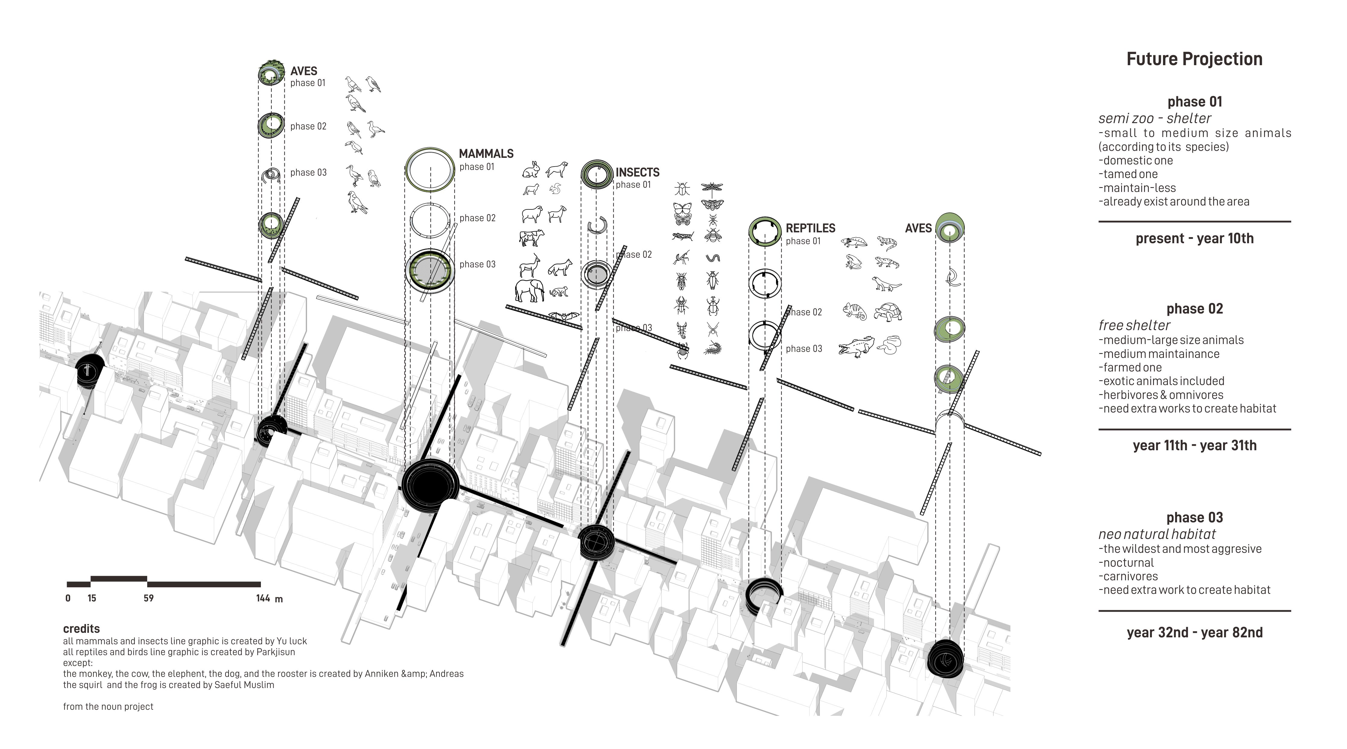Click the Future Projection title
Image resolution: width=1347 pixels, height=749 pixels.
coord(1194,59)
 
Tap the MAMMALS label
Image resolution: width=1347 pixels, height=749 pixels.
coord(486,154)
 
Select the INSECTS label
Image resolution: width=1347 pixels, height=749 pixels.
coord(637,173)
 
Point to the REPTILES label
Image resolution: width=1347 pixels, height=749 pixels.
coord(810,228)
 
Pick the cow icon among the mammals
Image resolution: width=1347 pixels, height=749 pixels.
coord(532,238)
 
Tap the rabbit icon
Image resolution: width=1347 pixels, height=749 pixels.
coord(531,170)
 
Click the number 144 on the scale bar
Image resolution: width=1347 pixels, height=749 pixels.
coord(263,598)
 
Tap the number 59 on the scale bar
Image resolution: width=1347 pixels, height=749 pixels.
coord(148,598)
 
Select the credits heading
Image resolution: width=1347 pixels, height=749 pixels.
coord(81,629)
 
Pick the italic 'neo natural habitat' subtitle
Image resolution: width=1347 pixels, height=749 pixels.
coord(1157,534)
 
